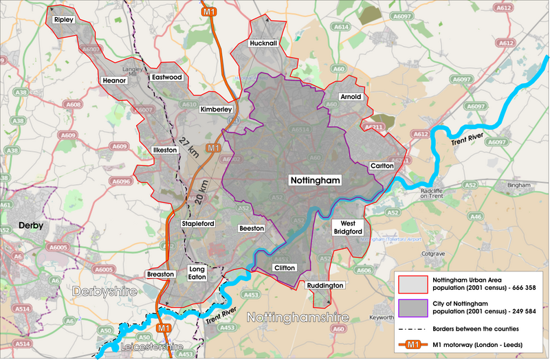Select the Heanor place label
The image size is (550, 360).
coord(114,80)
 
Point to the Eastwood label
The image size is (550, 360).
coord(167,78)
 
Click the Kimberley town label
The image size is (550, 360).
coord(216,109)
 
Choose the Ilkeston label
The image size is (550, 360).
coord(164,150)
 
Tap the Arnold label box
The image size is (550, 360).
coord(350,97)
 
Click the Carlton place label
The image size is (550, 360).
coord(382,166)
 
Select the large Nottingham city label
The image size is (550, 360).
coord(314,179)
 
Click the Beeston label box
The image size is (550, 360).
coord(252,228)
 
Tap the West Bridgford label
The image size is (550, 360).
coord(347,228)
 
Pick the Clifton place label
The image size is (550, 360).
coord(284,267)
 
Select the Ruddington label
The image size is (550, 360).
coord(325,284)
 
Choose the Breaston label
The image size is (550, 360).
coord(161,273)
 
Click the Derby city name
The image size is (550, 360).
coord(30,225)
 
